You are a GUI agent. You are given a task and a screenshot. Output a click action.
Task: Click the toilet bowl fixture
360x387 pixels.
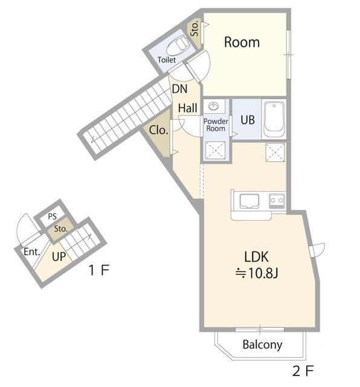[178, 45]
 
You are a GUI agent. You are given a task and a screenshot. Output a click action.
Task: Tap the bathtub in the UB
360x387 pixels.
[274, 120]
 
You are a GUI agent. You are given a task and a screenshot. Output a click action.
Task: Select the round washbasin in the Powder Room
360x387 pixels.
[214, 106]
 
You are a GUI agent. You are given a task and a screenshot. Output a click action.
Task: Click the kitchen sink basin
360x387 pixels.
[249, 201]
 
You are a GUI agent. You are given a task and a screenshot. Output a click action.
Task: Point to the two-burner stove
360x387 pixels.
[277, 201]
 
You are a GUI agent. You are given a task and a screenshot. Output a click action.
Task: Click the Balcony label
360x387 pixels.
[262, 345]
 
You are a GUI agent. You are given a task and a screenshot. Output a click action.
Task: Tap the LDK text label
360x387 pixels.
[256, 257]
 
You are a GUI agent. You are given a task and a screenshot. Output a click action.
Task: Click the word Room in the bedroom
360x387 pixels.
[242, 42]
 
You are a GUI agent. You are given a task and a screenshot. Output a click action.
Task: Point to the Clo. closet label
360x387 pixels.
[158, 130]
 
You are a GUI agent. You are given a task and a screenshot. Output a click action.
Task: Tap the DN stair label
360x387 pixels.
[179, 89]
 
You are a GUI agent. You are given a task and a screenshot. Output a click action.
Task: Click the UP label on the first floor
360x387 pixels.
[59, 257]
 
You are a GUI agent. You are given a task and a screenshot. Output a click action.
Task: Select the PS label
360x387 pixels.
[53, 216]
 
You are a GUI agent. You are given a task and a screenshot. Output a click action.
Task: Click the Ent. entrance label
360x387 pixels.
[32, 252]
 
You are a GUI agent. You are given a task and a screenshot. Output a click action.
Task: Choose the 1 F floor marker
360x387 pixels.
[99, 270]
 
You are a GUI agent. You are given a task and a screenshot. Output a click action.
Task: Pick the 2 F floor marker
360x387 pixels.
[303, 371]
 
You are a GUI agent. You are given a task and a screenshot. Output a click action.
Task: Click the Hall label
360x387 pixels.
[188, 108]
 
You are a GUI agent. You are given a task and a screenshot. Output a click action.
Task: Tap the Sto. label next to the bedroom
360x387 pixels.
[194, 28]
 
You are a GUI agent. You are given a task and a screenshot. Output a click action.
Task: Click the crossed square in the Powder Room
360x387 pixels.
[215, 150]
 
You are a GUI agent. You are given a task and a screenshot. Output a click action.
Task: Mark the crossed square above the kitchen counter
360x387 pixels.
[275, 153]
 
